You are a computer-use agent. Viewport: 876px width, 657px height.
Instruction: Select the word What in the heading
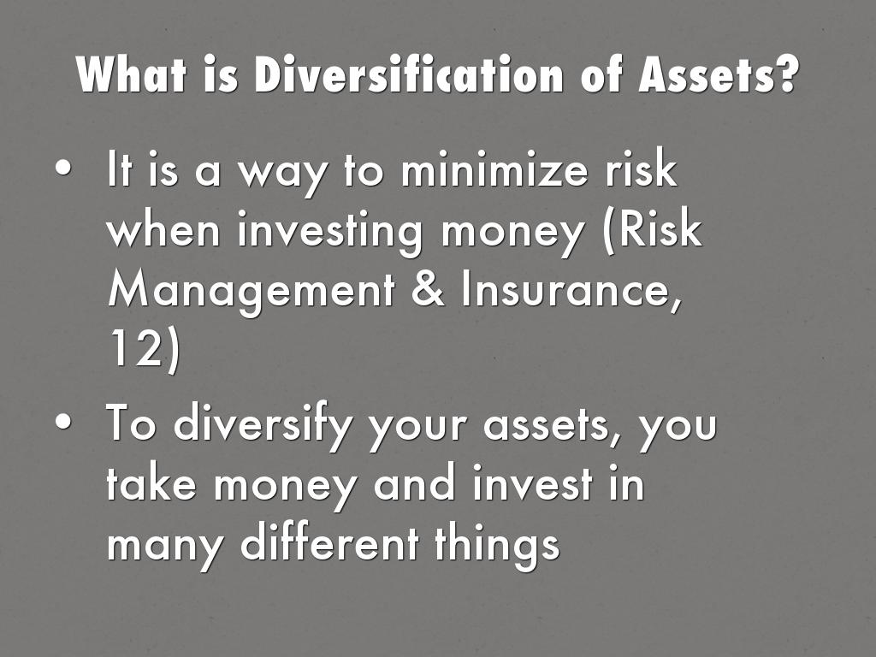[x=131, y=74]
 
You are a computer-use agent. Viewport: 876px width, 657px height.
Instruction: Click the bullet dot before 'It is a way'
[x=63, y=169]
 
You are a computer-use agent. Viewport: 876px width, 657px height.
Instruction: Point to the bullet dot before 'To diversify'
[x=63, y=422]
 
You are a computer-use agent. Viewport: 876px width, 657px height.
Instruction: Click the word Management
[x=252, y=291]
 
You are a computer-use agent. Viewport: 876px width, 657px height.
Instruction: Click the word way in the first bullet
[x=281, y=175]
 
